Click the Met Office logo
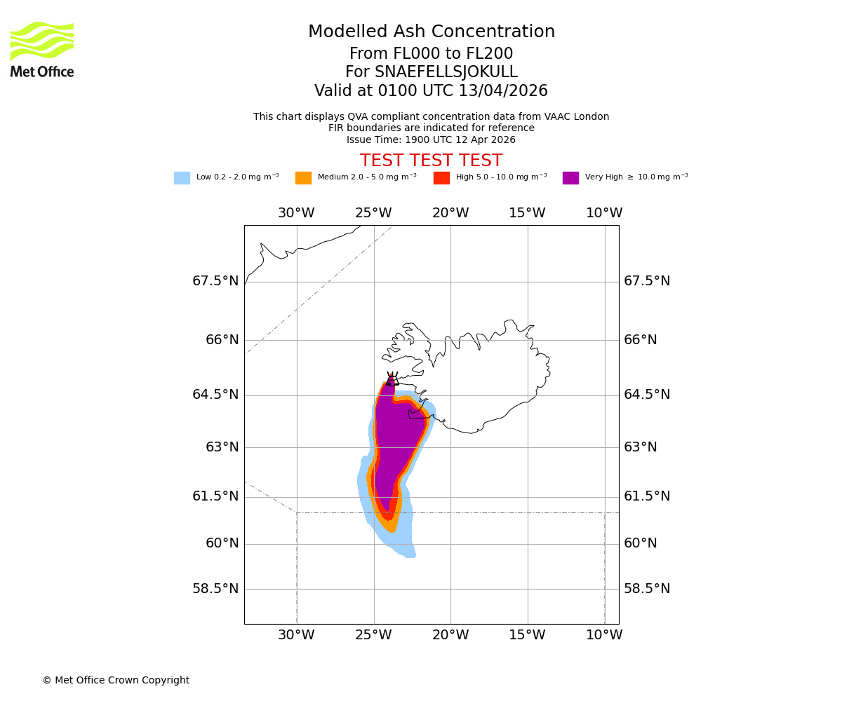tap(42, 49)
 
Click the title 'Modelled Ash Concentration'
tap(432, 32)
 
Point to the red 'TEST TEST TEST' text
tap(431, 161)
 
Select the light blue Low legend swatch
tap(182, 178)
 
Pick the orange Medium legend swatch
tap(303, 178)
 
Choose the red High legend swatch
tap(441, 178)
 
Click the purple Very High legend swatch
tap(570, 178)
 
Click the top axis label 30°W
tap(296, 213)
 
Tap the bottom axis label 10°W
tap(604, 635)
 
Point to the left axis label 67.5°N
tap(215, 281)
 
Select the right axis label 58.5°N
tap(647, 589)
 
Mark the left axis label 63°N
tap(222, 447)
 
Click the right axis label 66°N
tap(641, 340)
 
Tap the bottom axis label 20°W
tap(450, 635)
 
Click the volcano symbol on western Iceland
tap(392, 379)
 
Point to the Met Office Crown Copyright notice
tap(116, 680)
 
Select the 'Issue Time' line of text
tap(431, 139)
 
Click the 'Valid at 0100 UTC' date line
tap(431, 91)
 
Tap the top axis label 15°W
tap(527, 213)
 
